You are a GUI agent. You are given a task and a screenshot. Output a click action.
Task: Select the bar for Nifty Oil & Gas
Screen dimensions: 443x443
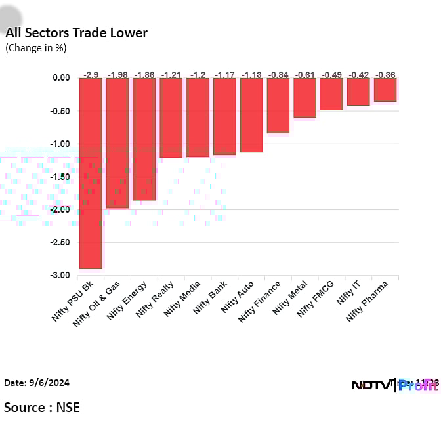pos(117,142)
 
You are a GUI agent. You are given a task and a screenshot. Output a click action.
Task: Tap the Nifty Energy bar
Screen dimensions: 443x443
pos(144,138)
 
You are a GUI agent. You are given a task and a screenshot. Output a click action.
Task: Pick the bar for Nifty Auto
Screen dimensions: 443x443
pos(251,115)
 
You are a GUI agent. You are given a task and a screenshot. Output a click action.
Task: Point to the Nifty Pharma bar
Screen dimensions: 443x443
pos(385,89)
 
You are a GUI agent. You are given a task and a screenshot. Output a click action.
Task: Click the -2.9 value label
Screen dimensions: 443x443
pos(91,74)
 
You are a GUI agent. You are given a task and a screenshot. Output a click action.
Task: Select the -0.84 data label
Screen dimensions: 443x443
pos(278,74)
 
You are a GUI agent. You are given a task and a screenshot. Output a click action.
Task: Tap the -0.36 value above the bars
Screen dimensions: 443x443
pos(385,74)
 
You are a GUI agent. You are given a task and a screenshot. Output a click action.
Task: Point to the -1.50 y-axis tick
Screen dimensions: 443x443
pos(60,177)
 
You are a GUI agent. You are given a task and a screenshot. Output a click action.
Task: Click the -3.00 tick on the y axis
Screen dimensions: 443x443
pos(60,276)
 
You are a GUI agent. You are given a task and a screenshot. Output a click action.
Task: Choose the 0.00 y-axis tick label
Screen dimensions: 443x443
pos(62,77)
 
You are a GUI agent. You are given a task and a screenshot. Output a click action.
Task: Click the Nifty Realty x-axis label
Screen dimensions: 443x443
pos(155,301)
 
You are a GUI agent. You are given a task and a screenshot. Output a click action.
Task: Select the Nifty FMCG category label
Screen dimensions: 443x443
pos(316,299)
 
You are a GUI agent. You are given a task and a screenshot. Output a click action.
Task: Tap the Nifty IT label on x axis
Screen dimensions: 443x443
pos(349,293)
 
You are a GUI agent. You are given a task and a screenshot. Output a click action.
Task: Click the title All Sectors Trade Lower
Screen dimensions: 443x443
pos(76,33)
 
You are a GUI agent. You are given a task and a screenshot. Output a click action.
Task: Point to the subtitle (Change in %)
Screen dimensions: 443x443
pos(36,47)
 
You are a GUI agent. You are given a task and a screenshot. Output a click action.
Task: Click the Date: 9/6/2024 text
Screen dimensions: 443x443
pos(37,383)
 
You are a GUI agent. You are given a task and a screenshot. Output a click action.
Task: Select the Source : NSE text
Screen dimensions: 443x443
pos(42,408)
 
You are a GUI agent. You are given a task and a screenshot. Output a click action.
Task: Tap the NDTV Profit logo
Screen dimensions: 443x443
pos(395,385)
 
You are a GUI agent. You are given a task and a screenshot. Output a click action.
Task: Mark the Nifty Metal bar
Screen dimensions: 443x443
pos(305,98)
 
